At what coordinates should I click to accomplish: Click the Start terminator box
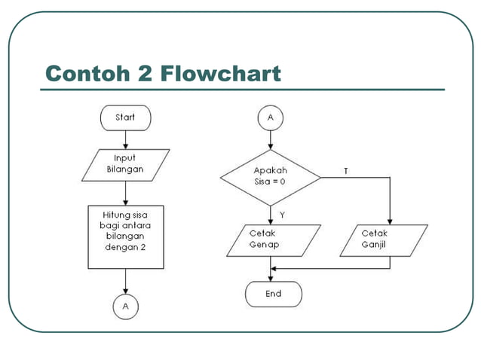click(125, 117)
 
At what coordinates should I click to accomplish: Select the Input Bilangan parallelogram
click(125, 164)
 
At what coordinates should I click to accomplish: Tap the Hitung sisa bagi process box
click(125, 236)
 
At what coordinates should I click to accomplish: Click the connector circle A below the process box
click(125, 307)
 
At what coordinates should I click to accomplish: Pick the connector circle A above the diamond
click(270, 117)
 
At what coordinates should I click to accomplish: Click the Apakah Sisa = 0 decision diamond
click(270, 176)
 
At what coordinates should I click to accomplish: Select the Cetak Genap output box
click(270, 239)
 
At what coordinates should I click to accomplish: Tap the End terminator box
click(273, 294)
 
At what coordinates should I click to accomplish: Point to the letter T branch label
click(345, 171)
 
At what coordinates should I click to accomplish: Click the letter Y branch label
click(282, 215)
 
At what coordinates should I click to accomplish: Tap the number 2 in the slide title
click(145, 74)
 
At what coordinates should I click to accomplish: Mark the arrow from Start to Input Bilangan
click(125, 139)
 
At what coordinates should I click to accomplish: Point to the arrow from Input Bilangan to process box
click(125, 193)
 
